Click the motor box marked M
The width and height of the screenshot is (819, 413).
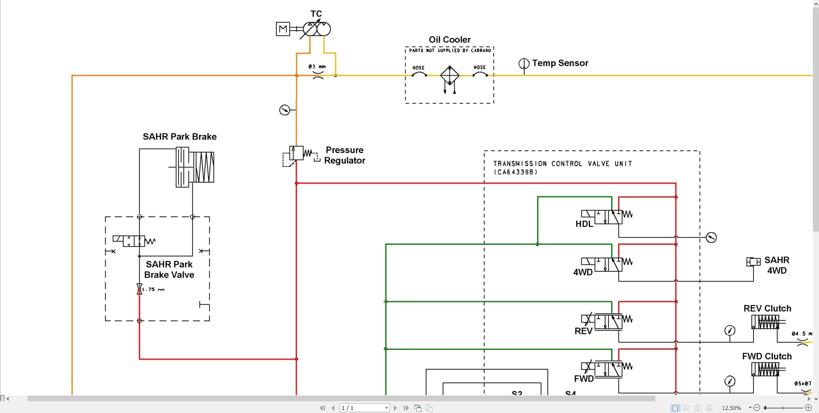tap(283, 29)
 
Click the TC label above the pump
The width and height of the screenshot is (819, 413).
tap(316, 14)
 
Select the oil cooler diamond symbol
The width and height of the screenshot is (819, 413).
tap(449, 75)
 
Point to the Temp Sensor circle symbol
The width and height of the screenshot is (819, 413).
tap(524, 64)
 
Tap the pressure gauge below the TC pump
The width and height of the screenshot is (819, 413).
tap(285, 110)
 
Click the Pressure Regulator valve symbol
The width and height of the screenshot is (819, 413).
tap(296, 153)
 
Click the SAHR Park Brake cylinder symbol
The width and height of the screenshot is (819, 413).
tap(195, 167)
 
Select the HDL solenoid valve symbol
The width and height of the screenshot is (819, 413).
tap(608, 217)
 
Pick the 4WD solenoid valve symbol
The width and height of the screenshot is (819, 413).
tap(608, 264)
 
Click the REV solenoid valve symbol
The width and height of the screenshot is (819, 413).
tap(608, 322)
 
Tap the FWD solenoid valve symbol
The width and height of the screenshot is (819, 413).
tap(608, 369)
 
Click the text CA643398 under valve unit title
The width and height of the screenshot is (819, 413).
tap(516, 172)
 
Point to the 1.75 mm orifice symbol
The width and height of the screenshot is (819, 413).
tap(140, 289)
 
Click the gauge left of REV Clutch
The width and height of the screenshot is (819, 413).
tap(730, 330)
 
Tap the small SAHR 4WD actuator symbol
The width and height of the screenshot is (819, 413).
tap(753, 262)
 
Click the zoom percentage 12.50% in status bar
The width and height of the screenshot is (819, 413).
tap(731, 408)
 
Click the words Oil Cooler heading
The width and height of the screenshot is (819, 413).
tap(449, 40)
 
